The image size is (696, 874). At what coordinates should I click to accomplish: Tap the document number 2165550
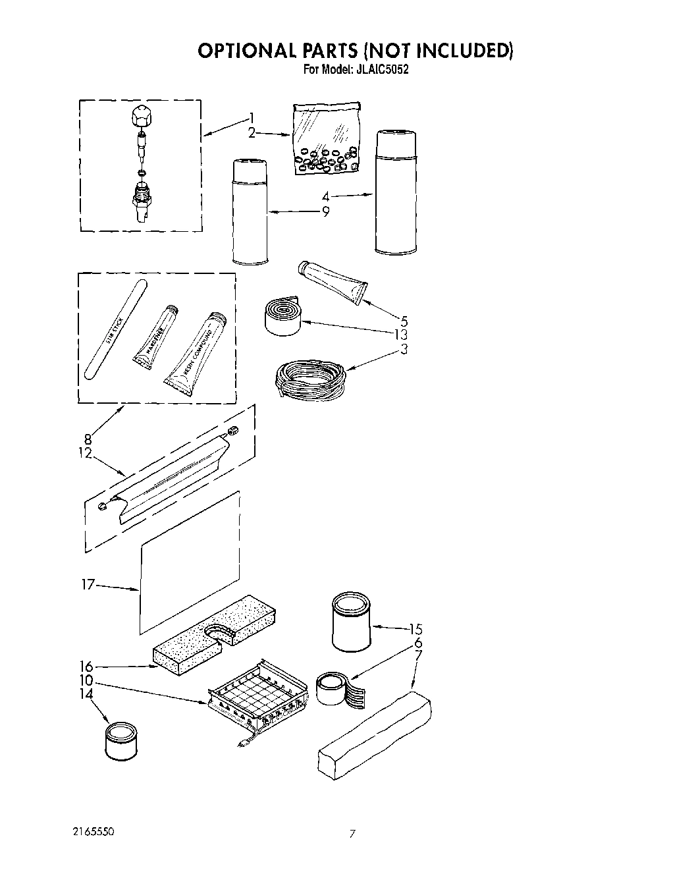[x=94, y=832]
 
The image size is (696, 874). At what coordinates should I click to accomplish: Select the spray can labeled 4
[x=395, y=192]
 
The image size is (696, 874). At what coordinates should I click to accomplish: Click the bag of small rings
[x=325, y=138]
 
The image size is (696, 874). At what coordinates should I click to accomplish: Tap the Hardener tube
[x=156, y=335]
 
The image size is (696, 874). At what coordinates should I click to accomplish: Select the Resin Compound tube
[x=194, y=356]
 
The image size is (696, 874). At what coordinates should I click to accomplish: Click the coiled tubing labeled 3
[x=309, y=381]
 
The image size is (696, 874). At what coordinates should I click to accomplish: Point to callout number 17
[x=88, y=584]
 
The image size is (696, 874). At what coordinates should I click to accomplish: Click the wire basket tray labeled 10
[x=257, y=699]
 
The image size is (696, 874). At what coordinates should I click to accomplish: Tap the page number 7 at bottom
[x=353, y=834]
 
